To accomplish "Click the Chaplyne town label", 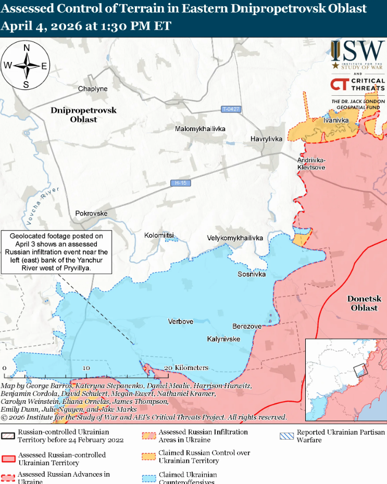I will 93,89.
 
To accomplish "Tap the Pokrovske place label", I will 91,214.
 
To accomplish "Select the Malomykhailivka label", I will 200,128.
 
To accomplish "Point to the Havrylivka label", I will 266,139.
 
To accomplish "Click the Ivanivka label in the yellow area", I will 335,120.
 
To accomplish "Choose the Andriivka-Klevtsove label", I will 311,164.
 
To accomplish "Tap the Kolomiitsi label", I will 159,236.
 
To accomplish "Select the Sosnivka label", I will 252,274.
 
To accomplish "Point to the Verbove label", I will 180,322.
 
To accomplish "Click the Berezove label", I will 246,326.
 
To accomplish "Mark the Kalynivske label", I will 223,339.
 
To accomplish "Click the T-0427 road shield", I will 231,109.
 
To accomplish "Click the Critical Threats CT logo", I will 341,85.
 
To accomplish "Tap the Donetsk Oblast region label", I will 364,303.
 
